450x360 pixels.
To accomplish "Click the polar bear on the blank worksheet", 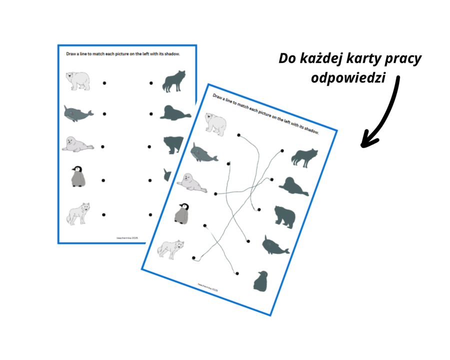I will tap(78, 80).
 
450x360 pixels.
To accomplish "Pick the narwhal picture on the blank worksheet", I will tap(78, 114).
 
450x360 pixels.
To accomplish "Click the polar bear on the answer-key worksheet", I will tap(215, 123).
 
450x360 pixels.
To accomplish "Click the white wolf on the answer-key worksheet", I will tap(170, 248).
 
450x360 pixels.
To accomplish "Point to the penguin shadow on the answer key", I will tap(260, 281).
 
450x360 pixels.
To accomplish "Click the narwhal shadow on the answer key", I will tap(275, 246).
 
